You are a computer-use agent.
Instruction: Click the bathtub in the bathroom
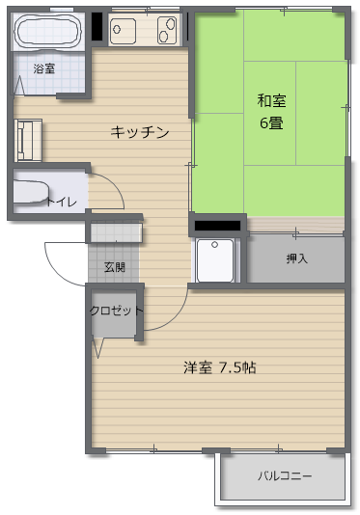tap(47, 31)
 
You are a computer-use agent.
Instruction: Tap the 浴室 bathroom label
tap(44, 68)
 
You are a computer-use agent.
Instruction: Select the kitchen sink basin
tap(123, 31)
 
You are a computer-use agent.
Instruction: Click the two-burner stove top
tap(167, 30)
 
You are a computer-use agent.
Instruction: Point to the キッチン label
tap(140, 132)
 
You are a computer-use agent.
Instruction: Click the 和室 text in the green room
tap(271, 100)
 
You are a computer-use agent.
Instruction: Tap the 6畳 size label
tap(271, 122)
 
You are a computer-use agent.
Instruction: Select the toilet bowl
tap(30, 191)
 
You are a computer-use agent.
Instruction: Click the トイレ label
tap(61, 202)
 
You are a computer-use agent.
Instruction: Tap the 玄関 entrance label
tap(115, 267)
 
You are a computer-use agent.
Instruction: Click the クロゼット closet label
tap(117, 311)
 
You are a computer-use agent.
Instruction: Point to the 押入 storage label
tap(296, 258)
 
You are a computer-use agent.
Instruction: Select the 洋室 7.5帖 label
tap(220, 367)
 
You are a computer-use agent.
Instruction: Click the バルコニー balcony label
tap(285, 475)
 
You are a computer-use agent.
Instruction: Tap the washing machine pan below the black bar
tap(215, 260)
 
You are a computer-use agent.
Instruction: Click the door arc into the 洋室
tap(176, 317)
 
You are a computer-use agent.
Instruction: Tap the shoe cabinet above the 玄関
tap(116, 232)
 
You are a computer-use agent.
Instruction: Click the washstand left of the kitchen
tap(28, 140)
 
